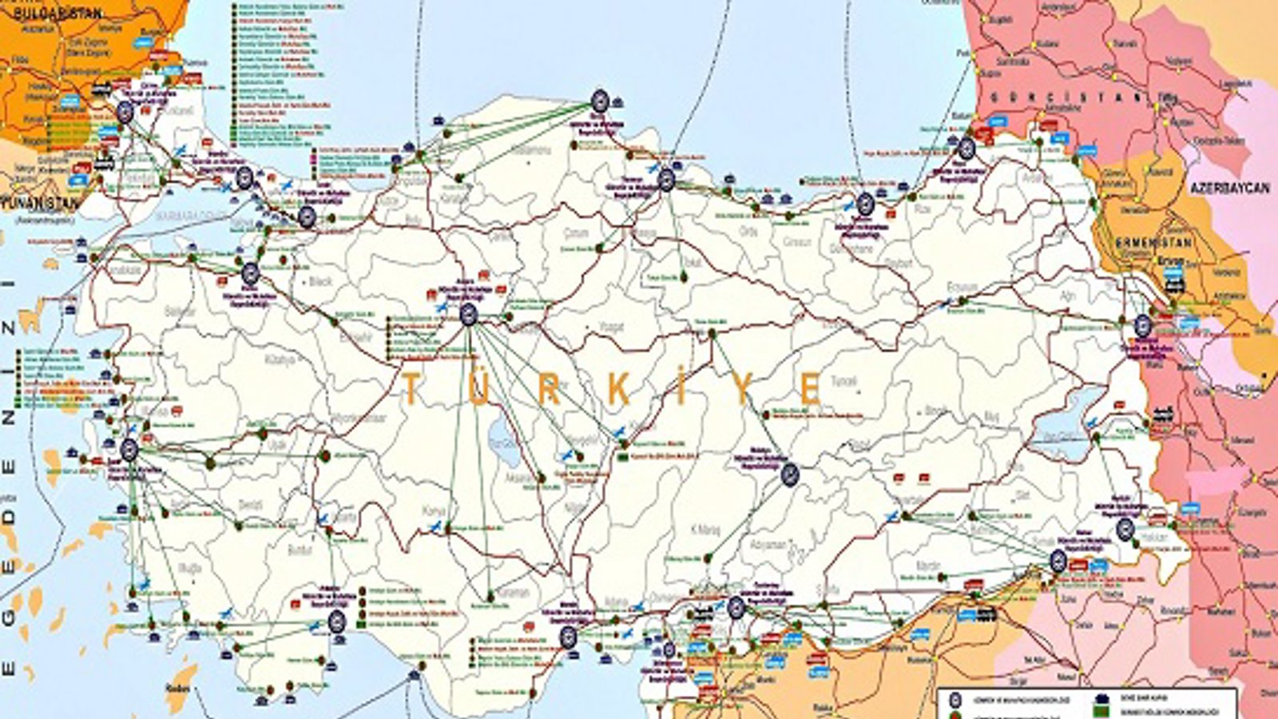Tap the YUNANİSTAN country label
[x=40, y=202]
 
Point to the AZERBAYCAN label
[x=1229, y=188]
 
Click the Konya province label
[x=435, y=510]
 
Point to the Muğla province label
[x=192, y=567]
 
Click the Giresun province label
[x=796, y=241]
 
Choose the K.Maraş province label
[x=705, y=529]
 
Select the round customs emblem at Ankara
[x=469, y=314]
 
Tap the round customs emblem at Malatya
[x=789, y=475]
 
